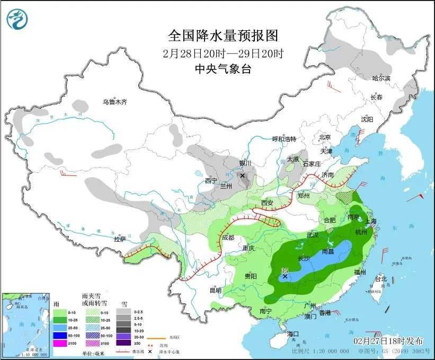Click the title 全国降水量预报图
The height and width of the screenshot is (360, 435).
(x=223, y=36)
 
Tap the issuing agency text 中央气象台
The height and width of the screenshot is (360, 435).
(x=223, y=69)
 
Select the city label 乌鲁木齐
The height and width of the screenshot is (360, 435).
(x=115, y=102)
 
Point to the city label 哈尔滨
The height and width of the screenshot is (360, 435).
(x=380, y=78)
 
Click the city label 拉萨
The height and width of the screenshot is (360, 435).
(x=121, y=239)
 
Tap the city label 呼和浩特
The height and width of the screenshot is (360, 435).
(x=284, y=139)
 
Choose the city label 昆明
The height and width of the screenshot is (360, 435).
(x=215, y=290)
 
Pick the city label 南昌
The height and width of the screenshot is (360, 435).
(x=330, y=252)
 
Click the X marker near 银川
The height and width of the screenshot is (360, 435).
(x=242, y=175)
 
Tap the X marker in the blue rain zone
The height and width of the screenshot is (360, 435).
(x=285, y=276)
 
